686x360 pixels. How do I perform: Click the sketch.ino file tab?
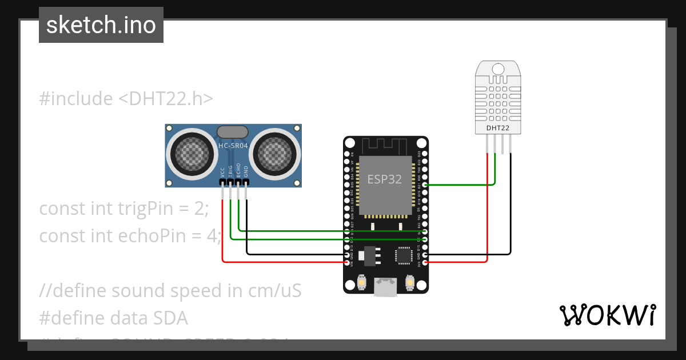pos(101,25)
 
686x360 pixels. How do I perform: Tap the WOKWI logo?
pos(607,315)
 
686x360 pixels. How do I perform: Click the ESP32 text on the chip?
pos(384,179)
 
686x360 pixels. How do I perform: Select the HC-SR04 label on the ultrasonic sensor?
pos(233,146)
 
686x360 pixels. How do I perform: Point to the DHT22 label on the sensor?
pos(497,128)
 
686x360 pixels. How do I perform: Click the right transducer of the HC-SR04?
pos(275,152)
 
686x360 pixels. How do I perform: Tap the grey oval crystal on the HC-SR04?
pos(233,132)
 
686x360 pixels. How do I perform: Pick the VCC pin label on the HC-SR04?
pos(222,171)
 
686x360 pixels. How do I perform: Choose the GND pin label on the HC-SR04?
pos(246,171)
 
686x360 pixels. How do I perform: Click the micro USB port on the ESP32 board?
pos(385,286)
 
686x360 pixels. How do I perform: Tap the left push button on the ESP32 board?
pos(361,282)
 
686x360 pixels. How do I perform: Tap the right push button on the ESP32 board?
pos(409,282)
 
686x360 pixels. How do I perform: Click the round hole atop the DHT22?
pos(498,69)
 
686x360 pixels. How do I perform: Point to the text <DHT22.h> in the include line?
pos(165,98)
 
